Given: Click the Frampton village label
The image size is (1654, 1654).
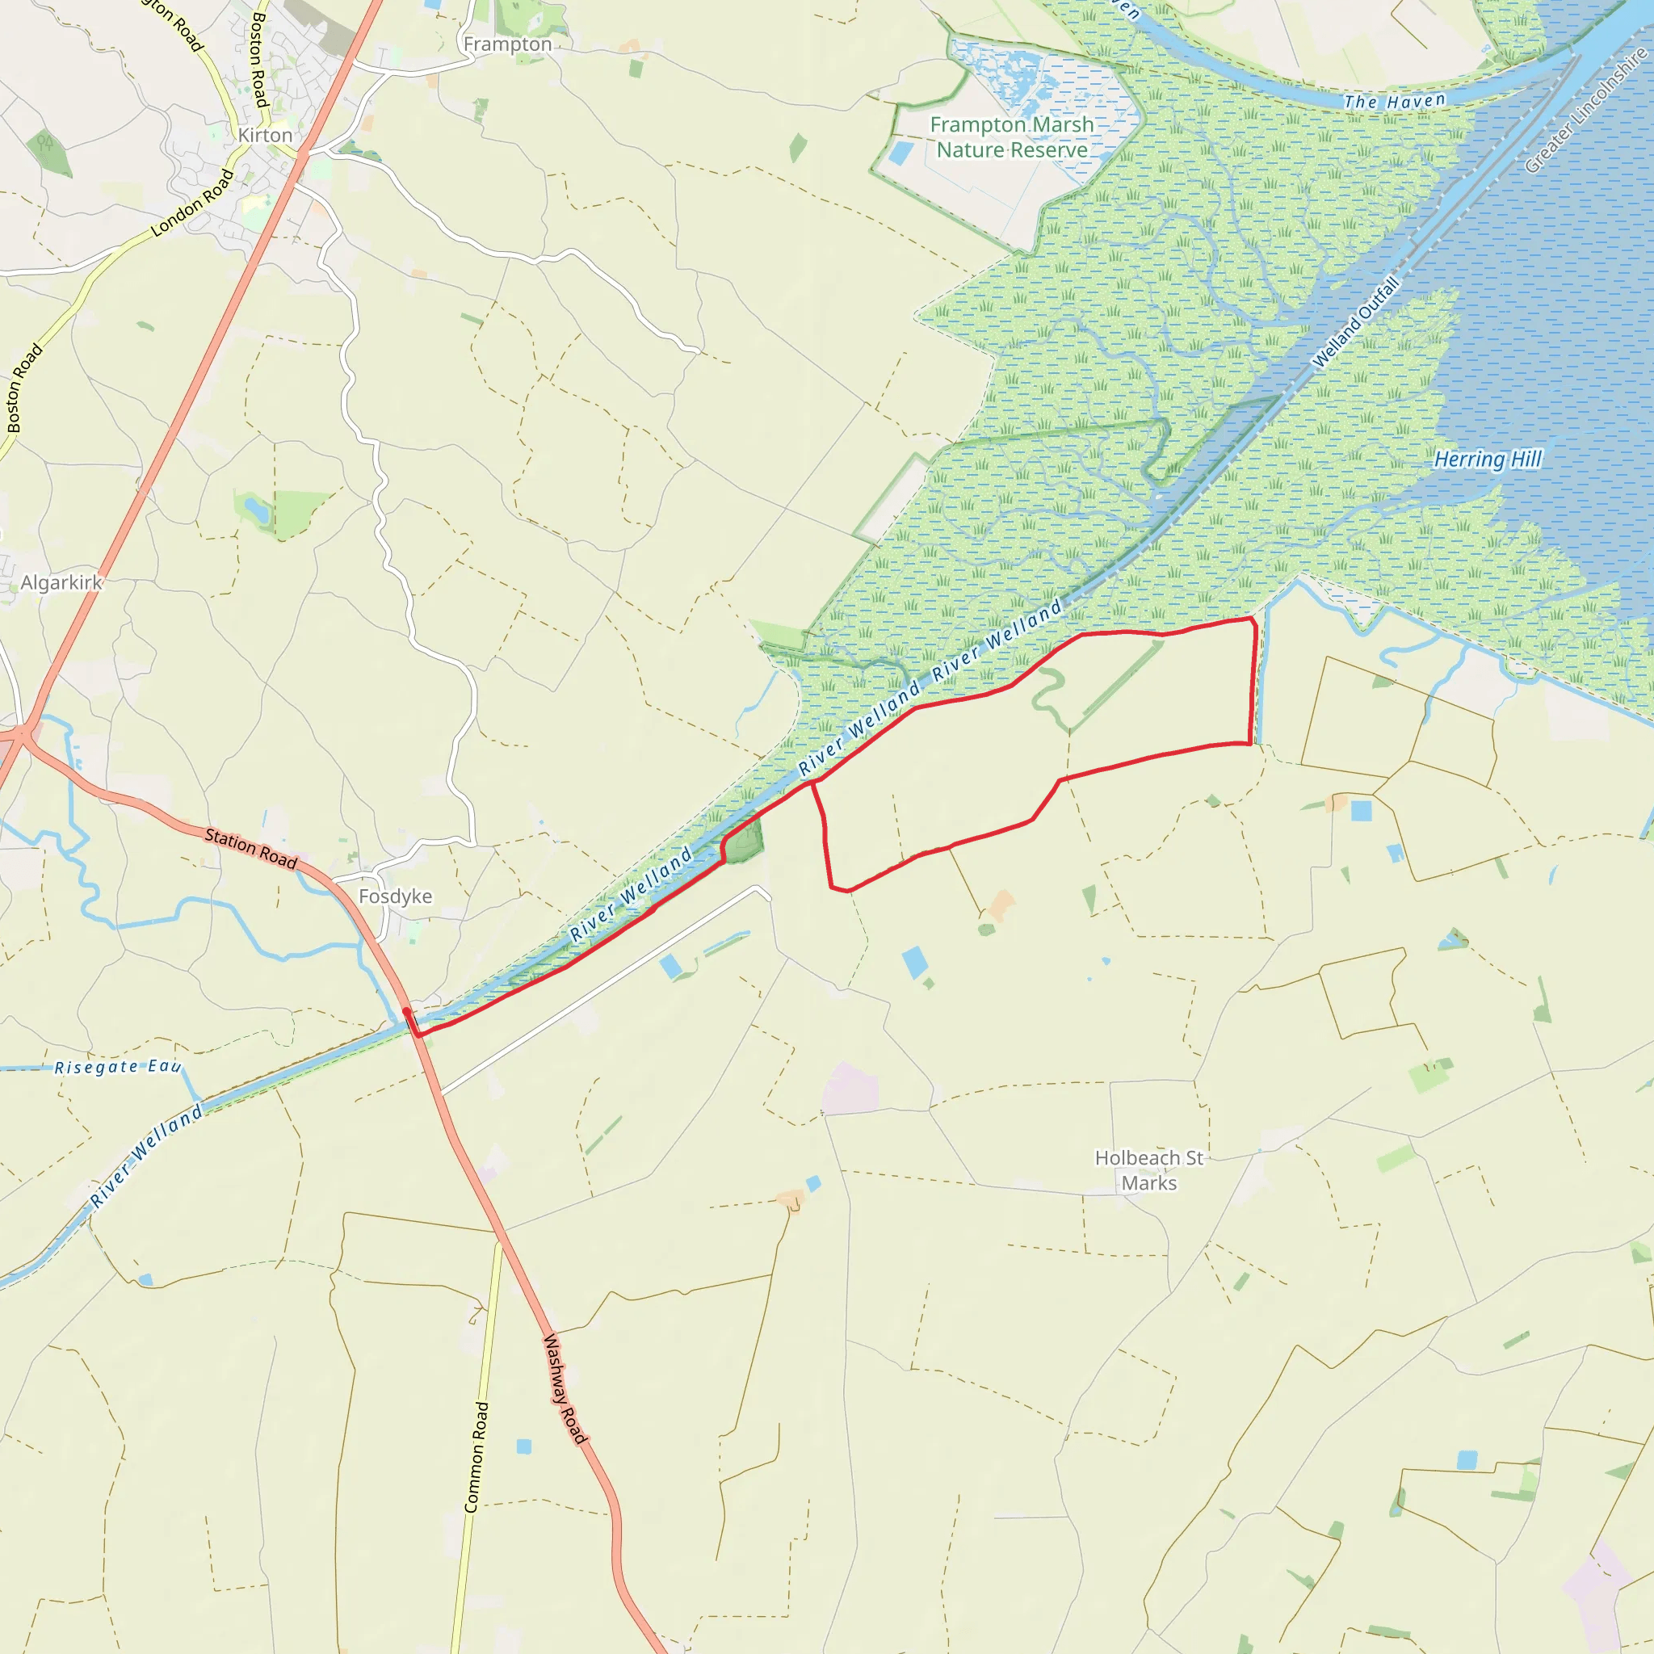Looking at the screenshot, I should pos(508,44).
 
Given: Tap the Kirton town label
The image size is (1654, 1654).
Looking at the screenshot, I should pos(266,135).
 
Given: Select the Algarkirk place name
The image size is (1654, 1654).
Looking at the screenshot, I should pos(61,583).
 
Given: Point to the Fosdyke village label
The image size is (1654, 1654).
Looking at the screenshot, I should pos(396,896).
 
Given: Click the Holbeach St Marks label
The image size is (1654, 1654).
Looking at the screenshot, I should pos(1149,1170).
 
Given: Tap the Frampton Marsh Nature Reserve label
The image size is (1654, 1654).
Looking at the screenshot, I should pos(1012,137).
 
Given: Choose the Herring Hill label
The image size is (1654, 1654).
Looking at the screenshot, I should pos(1488,460).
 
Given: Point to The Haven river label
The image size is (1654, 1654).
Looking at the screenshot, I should pos(1395,102).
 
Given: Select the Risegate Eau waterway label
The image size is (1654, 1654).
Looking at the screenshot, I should pos(118,1068).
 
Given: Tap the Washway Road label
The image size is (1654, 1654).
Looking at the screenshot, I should pos(566,1389).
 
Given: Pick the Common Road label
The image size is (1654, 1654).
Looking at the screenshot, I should pos(476,1457).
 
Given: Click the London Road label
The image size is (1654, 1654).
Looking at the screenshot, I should pos(193,204).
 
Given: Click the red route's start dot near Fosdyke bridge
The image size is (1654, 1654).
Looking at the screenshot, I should pos(405,1012).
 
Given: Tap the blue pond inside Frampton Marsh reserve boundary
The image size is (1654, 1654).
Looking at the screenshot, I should pos(901,153).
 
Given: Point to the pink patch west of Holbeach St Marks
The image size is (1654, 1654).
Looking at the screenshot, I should pos(850,1089).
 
